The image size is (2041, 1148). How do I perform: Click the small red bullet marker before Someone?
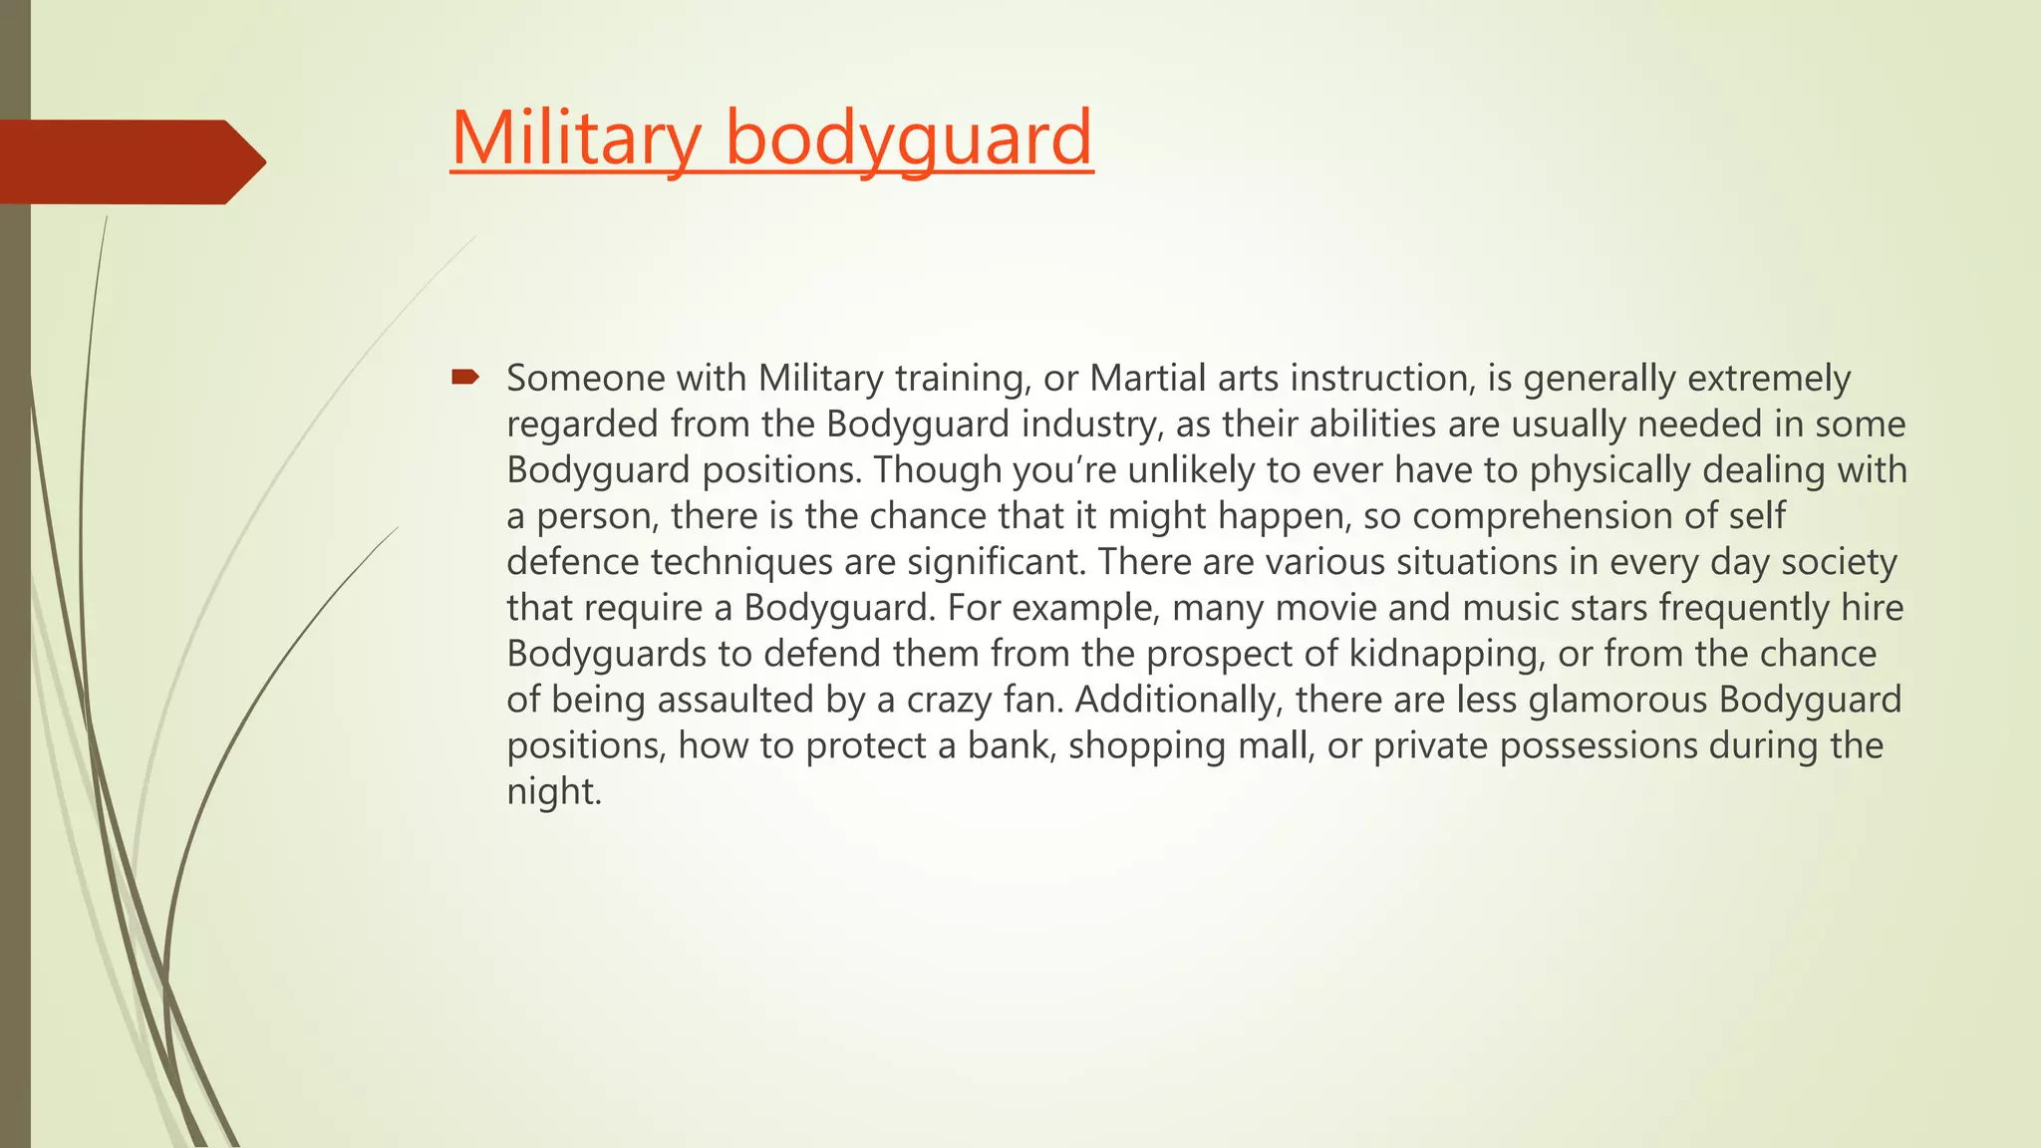464,377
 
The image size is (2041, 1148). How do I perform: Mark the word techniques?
741,562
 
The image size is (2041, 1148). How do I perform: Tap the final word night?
554,791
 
